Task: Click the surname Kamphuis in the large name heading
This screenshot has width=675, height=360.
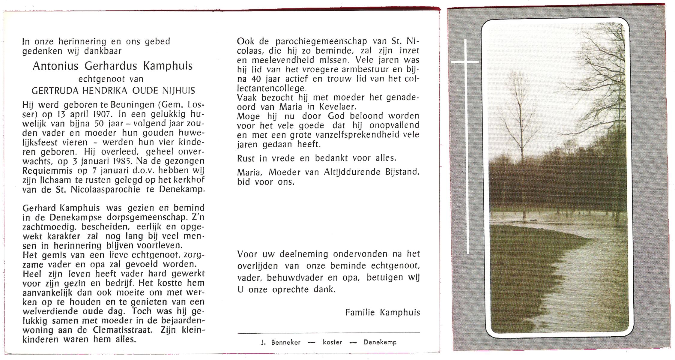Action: (168, 66)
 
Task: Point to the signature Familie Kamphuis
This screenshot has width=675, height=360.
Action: (382, 312)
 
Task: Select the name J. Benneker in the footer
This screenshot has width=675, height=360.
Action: (281, 342)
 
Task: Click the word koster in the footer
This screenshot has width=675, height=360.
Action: (332, 342)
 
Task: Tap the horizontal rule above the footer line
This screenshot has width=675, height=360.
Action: (329, 333)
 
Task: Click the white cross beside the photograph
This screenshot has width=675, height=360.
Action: (466, 62)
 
